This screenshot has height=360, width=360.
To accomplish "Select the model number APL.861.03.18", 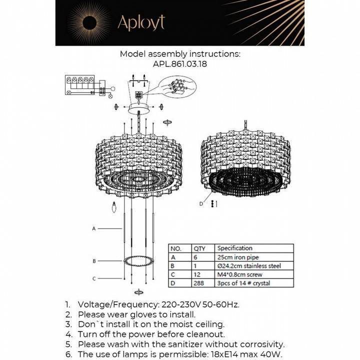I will [180, 64].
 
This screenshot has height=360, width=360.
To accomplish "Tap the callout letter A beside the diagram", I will [94, 228].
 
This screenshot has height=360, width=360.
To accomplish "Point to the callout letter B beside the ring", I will [94, 261].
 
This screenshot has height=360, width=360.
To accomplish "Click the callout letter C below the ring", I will [94, 278].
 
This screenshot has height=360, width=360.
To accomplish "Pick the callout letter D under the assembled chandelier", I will [202, 204].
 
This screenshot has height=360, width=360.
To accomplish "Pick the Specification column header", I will [235, 248].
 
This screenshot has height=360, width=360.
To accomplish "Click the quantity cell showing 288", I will [198, 284].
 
